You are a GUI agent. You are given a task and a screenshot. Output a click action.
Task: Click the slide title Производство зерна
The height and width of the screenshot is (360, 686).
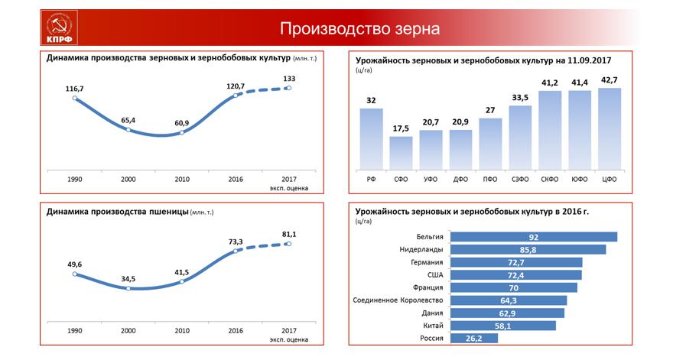359,29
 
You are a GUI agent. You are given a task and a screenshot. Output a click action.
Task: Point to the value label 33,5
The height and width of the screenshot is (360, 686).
520,97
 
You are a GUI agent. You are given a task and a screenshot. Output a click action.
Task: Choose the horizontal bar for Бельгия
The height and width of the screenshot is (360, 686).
534,237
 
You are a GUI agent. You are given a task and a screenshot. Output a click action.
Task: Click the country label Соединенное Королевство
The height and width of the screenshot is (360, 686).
398,300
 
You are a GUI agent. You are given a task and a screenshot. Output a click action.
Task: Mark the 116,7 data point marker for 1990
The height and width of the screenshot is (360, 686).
74,98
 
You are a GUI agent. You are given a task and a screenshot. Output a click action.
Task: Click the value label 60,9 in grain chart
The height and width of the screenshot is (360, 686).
181,122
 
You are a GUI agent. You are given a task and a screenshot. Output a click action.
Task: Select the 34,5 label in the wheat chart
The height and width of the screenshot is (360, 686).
128,278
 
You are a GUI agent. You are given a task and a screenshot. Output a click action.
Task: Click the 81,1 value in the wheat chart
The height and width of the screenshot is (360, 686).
289,234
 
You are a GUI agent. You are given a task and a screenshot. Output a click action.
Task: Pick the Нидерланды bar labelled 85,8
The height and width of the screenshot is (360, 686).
528,249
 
